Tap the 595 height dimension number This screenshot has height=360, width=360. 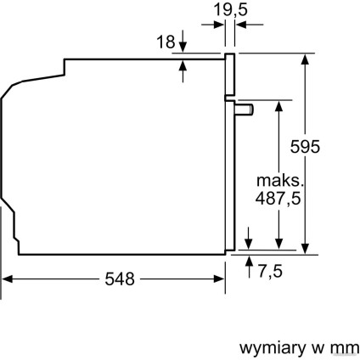303,146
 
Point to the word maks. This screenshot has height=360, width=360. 278,181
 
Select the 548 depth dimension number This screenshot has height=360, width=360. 119,279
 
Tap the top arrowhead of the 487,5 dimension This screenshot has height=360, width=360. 278,105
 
